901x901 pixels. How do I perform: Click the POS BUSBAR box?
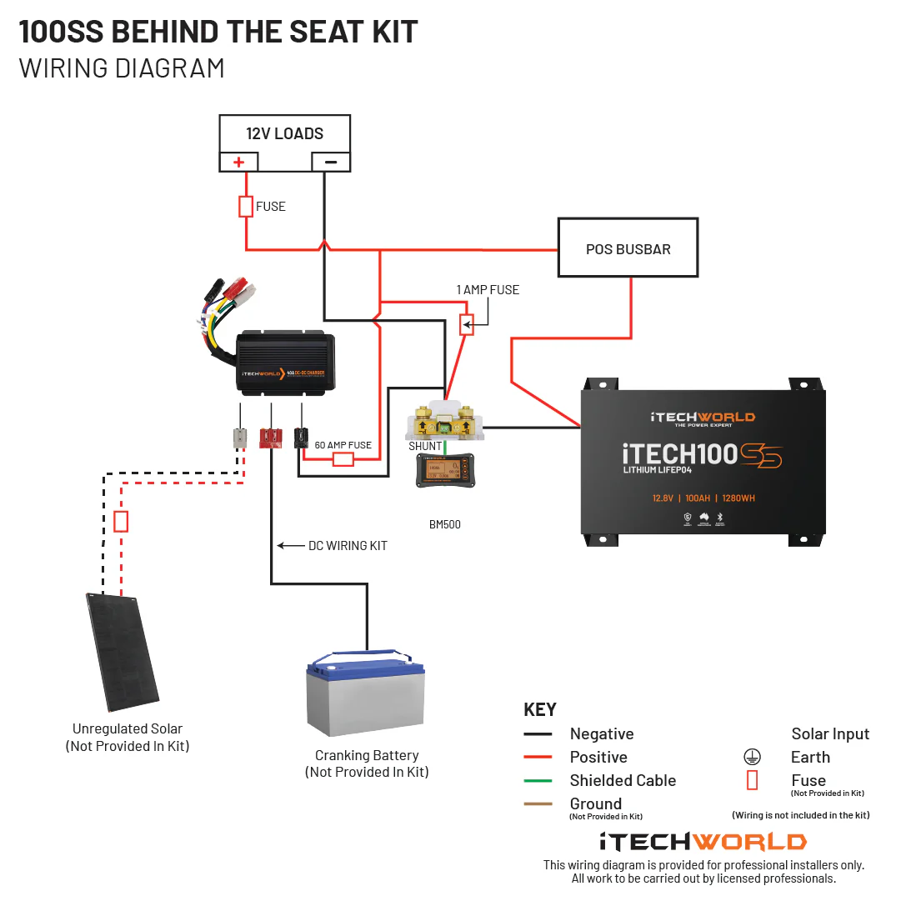[628, 248]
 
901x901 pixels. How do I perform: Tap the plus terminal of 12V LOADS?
[238, 163]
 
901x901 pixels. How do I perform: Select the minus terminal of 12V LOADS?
[331, 163]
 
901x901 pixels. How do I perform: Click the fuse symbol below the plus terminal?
[246, 206]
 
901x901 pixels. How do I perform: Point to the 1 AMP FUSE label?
[488, 290]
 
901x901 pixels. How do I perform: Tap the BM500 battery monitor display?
[445, 473]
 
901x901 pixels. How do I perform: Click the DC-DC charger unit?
[286, 363]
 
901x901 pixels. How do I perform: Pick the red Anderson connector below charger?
[270, 438]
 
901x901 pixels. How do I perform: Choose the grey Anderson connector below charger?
[240, 438]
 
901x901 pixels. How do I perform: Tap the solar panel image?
[123, 651]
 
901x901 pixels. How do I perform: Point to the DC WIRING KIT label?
[348, 546]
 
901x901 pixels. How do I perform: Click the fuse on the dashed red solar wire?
[121, 522]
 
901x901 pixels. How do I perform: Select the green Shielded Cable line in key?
[538, 781]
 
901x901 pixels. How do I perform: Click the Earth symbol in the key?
[752, 757]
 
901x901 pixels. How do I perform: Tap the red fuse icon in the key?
[752, 780]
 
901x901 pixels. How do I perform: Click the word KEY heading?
[539, 710]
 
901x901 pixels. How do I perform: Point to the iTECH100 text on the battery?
[680, 454]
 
